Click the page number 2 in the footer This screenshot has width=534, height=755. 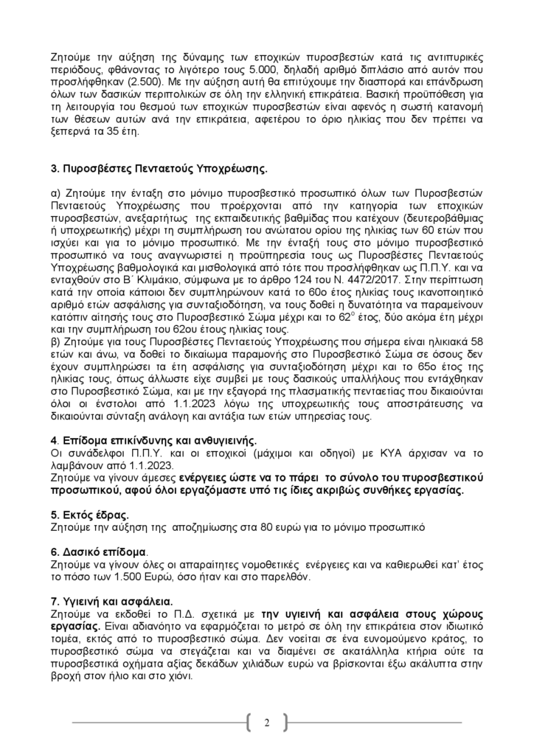coord(267,722)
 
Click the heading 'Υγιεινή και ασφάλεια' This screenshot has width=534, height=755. coord(115,602)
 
